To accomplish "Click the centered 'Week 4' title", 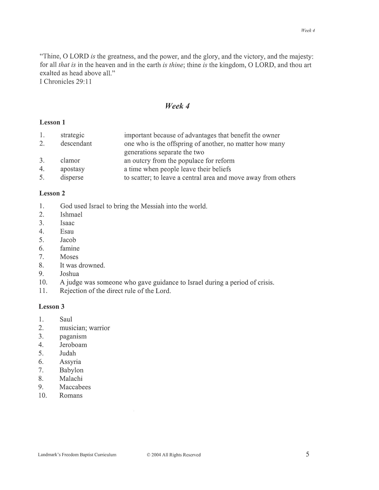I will (x=177, y=106).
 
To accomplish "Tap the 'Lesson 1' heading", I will (x=52, y=122).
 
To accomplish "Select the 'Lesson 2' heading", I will (x=52, y=193).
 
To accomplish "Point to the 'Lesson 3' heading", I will (x=52, y=307).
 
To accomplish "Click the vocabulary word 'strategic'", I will (x=72, y=135).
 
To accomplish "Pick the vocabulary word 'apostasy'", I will (x=72, y=169).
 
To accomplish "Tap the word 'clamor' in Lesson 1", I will (x=70, y=161).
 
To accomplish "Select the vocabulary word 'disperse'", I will (x=72, y=178).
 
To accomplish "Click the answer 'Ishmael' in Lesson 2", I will (x=71, y=215).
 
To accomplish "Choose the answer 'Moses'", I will (x=69, y=257).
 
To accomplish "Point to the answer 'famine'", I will (x=70, y=248).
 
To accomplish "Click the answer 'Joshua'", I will (x=70, y=274).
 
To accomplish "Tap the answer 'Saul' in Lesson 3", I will (x=66, y=319).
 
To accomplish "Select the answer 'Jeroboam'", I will (x=73, y=345).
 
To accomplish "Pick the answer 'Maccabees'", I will (x=75, y=387).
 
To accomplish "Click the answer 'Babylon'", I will (x=71, y=370).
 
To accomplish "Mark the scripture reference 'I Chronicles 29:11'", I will (x=66, y=81).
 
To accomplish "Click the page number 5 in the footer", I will (x=307, y=454).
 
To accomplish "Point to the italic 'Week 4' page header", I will (x=308, y=30).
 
